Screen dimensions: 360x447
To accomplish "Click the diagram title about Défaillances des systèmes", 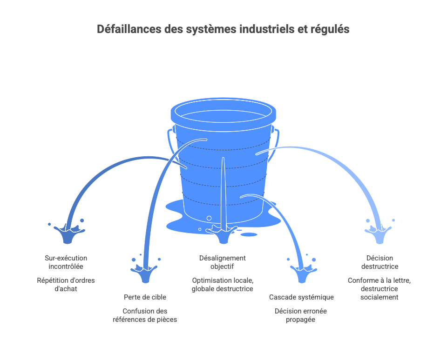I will click(x=223, y=29).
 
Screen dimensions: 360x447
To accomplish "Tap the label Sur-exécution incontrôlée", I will click(x=66, y=262).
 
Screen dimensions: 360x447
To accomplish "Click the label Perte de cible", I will click(x=145, y=297).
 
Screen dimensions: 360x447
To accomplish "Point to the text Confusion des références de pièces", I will click(x=145, y=315).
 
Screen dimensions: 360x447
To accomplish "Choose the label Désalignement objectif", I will click(x=222, y=262).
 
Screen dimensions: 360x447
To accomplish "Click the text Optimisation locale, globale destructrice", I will click(x=222, y=285).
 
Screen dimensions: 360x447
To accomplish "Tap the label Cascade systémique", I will click(x=301, y=297).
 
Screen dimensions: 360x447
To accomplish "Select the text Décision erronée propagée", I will click(x=301, y=315).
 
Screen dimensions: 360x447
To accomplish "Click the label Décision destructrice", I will click(x=379, y=262).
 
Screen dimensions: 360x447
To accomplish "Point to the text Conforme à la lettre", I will click(x=379, y=280).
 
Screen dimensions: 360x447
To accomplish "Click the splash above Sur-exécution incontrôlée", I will click(x=69, y=233).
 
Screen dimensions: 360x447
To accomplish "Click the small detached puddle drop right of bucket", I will click(x=249, y=234).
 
